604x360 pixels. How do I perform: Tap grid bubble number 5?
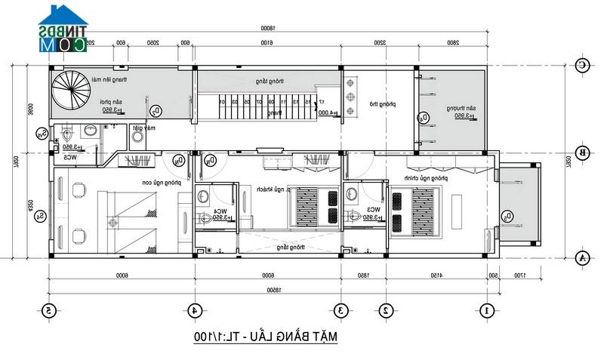(x=49, y=309)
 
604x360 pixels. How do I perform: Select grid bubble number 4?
(x=194, y=309)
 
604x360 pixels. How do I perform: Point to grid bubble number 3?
(x=341, y=309)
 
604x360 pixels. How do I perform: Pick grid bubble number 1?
(x=487, y=309)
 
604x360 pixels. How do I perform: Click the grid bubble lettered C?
(x=582, y=66)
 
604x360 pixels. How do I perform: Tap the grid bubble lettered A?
(x=582, y=258)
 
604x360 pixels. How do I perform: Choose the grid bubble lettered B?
(x=582, y=152)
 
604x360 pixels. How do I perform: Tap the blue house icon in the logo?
(x=63, y=17)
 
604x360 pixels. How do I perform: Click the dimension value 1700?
(x=520, y=276)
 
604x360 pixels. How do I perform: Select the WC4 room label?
(x=220, y=211)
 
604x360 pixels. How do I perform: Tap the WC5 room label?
(x=69, y=158)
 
